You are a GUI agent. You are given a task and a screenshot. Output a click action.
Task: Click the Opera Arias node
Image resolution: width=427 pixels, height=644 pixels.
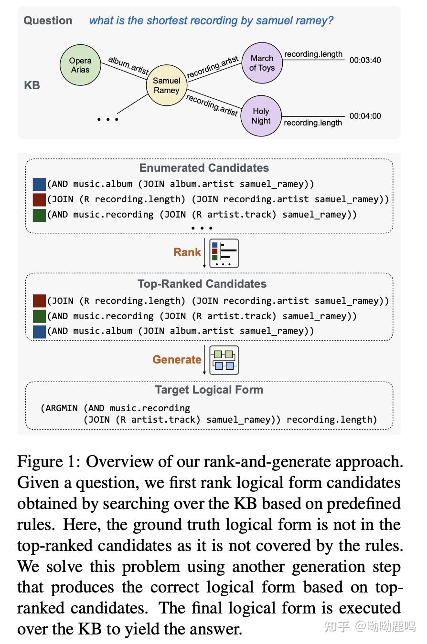[80, 65]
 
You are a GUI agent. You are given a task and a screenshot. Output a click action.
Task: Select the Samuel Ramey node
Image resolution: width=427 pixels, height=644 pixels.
[166, 85]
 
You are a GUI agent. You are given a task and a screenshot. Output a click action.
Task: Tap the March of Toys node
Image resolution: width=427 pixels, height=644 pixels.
[262, 63]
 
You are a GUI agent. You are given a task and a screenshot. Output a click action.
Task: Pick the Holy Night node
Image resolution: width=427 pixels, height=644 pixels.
[261, 116]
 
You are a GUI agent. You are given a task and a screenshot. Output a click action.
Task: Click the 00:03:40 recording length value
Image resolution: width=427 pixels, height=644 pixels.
[365, 61]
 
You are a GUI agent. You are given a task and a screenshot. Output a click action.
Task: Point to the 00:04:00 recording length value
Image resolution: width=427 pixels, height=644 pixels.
[365, 116]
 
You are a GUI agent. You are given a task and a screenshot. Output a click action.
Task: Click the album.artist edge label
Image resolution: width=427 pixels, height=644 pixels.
[128, 65]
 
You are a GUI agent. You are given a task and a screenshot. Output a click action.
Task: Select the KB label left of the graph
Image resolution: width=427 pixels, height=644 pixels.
[32, 85]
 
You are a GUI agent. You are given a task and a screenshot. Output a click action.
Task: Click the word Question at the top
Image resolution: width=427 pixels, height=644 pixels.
[48, 21]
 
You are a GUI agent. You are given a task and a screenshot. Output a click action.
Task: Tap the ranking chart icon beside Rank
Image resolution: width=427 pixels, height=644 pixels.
[224, 253]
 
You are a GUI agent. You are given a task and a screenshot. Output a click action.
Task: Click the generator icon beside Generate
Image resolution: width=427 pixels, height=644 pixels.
[224, 360]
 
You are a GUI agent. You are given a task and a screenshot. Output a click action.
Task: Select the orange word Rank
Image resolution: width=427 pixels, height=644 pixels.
[187, 252]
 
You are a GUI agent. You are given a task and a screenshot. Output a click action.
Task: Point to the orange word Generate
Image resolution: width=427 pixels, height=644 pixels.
[177, 360]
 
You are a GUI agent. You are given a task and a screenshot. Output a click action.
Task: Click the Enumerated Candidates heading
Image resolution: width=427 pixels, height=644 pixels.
[204, 168]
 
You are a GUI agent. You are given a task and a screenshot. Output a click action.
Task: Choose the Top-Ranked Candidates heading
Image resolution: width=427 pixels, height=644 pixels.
[202, 284]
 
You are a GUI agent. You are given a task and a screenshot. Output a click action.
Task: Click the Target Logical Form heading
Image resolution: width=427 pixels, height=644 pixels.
[209, 390]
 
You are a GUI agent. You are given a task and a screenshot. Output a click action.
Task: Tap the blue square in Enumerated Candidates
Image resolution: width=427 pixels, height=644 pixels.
[39, 184]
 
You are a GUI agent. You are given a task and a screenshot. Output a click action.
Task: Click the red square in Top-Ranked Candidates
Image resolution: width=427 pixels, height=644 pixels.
[39, 301]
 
